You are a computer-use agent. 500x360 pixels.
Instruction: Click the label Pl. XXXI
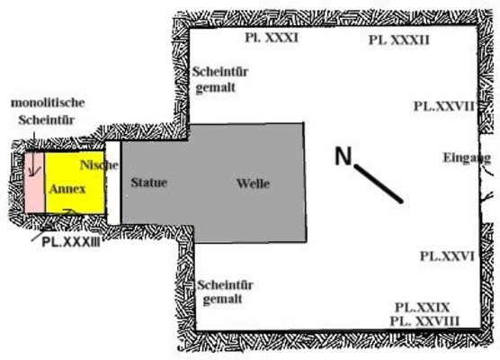point(272,38)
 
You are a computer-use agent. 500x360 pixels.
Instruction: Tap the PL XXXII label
point(399,40)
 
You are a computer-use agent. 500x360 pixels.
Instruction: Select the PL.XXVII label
point(444,106)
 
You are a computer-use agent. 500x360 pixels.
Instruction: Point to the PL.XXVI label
point(447,256)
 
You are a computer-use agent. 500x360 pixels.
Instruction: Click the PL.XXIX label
point(422,308)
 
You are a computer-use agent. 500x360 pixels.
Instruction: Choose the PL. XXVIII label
point(424,321)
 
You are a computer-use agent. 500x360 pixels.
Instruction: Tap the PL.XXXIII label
point(71,242)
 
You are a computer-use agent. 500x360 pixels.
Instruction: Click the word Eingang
point(467,158)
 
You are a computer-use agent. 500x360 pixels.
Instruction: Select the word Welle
point(254,184)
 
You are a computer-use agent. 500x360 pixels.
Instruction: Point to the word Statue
point(149,183)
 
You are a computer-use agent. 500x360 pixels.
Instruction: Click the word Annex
point(67,189)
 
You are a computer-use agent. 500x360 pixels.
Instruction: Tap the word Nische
point(99,165)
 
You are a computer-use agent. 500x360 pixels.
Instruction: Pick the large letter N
point(344,156)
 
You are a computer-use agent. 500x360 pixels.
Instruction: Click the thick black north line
point(379,184)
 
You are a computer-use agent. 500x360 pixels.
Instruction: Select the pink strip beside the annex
point(35,183)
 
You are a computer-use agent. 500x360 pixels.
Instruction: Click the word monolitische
point(48,103)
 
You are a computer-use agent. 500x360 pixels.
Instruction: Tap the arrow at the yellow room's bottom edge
point(70,211)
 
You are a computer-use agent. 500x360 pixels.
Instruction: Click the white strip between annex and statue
point(113,183)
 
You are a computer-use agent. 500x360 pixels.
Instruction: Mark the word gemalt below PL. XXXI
point(215,88)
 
